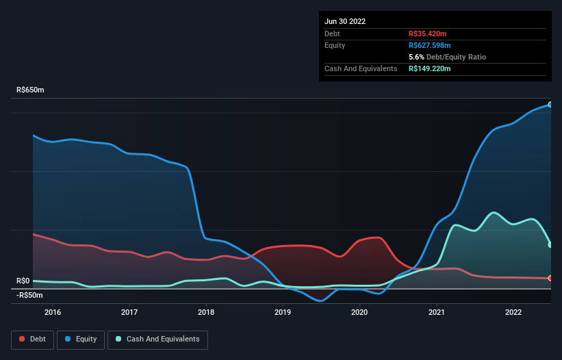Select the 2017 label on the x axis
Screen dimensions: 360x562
pyautogui.click(x=129, y=312)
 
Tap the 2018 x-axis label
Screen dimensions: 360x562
pyautogui.click(x=206, y=312)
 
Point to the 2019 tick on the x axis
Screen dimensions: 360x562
pyautogui.click(x=283, y=312)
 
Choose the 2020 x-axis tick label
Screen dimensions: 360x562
pyautogui.click(x=359, y=312)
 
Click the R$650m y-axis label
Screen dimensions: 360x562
pyautogui.click(x=31, y=90)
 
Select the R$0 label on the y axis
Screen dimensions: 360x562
pyautogui.click(x=23, y=281)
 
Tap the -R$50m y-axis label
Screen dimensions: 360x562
pyautogui.click(x=29, y=295)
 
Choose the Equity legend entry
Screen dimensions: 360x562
pyautogui.click(x=81, y=339)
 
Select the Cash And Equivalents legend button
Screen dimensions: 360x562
pyautogui.click(x=157, y=339)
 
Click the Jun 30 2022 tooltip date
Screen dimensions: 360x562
pyautogui.click(x=345, y=21)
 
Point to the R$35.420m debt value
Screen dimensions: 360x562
pyautogui.click(x=428, y=34)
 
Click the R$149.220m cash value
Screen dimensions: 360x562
pyautogui.click(x=430, y=68)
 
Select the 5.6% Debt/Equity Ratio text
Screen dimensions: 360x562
pyautogui.click(x=447, y=57)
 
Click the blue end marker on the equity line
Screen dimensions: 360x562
pyautogui.click(x=550, y=105)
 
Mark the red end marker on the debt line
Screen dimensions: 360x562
pyautogui.click(x=550, y=278)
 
